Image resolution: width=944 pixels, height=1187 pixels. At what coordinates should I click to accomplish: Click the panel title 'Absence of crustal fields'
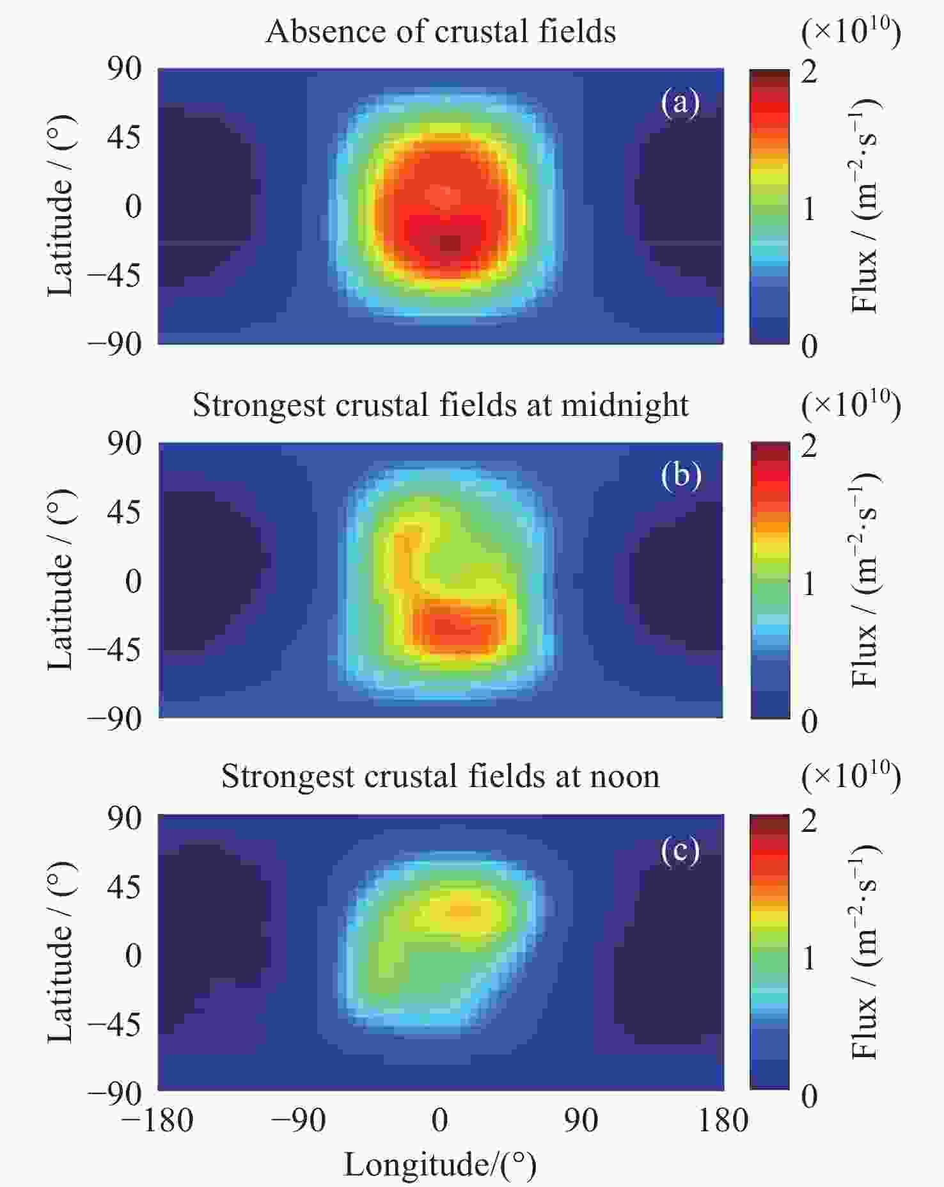(441, 31)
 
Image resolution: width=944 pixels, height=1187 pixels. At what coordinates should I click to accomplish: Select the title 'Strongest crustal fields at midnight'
(441, 404)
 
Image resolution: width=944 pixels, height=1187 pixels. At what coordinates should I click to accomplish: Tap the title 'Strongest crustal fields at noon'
(441, 776)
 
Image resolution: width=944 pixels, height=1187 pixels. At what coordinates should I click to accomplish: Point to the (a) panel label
(680, 102)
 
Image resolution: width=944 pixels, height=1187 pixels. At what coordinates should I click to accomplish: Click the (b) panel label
(680, 475)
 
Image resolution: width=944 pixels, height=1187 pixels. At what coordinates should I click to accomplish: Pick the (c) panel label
(680, 850)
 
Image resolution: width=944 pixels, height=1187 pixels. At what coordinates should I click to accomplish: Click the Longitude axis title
(441, 1164)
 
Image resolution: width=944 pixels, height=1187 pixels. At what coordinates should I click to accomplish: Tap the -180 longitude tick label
(157, 1120)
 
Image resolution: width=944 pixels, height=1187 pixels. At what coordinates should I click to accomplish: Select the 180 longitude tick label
(723, 1120)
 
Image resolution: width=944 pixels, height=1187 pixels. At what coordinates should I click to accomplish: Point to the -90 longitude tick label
(299, 1120)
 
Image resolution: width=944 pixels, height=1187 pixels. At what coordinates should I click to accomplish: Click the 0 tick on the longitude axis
(439, 1120)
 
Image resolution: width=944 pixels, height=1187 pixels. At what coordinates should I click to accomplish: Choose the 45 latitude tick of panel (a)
(124, 137)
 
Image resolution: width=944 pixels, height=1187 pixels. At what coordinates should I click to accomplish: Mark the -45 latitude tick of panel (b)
(114, 650)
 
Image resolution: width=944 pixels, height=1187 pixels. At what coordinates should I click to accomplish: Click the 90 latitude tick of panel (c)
(124, 818)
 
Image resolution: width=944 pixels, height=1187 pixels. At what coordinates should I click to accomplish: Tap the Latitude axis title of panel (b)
(60, 580)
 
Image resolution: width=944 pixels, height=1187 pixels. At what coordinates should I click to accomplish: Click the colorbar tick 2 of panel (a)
(809, 72)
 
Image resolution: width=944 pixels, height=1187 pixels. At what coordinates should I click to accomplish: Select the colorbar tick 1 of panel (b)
(809, 584)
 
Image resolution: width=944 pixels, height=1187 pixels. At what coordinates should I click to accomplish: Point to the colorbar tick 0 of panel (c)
(809, 1096)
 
